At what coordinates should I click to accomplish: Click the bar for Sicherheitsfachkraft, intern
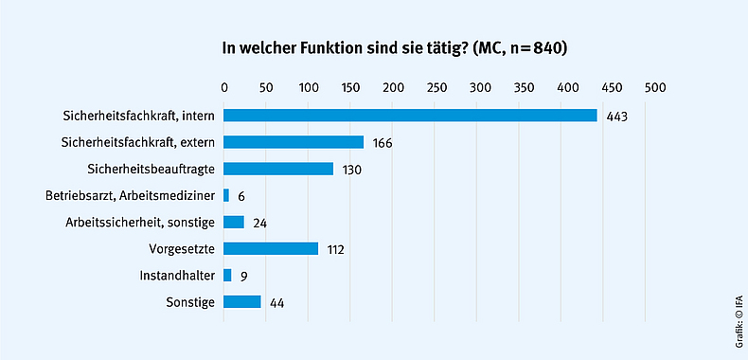pyautogui.click(x=410, y=116)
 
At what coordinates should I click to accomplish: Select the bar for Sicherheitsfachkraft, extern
pyautogui.click(x=294, y=142)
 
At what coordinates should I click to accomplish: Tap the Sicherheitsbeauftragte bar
pyautogui.click(x=278, y=169)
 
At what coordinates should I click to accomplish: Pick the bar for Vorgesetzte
pyautogui.click(x=271, y=249)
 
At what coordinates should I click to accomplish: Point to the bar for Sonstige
pyautogui.click(x=242, y=302)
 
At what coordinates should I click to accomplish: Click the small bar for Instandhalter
pyautogui.click(x=227, y=276)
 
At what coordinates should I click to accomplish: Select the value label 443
pyautogui.click(x=618, y=117)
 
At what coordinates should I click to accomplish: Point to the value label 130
pyautogui.click(x=350, y=170)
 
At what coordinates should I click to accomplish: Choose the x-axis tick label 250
pyautogui.click(x=438, y=87)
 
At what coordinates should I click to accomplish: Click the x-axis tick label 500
pyautogui.click(x=654, y=87)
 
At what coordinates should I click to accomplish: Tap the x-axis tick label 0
pyautogui.click(x=224, y=87)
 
